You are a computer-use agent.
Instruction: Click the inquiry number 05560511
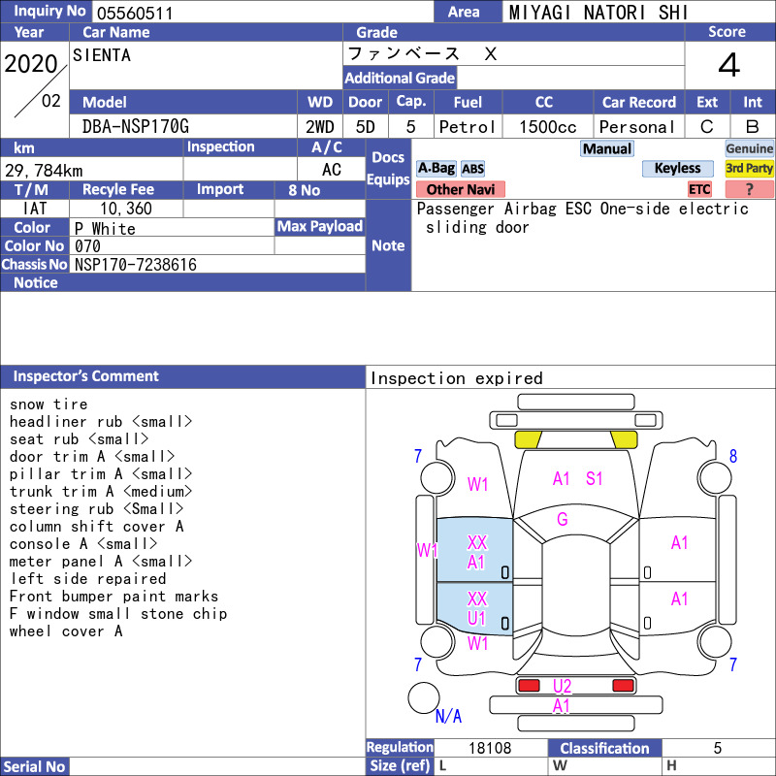[135, 13]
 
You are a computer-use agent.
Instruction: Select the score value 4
[729, 65]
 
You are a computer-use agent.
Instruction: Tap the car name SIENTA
[102, 55]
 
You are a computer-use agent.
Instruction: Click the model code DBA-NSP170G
[135, 127]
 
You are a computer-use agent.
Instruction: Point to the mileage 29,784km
[44, 171]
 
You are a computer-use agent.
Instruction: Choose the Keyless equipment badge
[677, 168]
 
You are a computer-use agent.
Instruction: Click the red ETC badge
[699, 189]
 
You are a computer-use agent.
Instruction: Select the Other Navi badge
[460, 189]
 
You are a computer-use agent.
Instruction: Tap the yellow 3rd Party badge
[749, 168]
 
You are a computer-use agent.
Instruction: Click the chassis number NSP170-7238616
[136, 265]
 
